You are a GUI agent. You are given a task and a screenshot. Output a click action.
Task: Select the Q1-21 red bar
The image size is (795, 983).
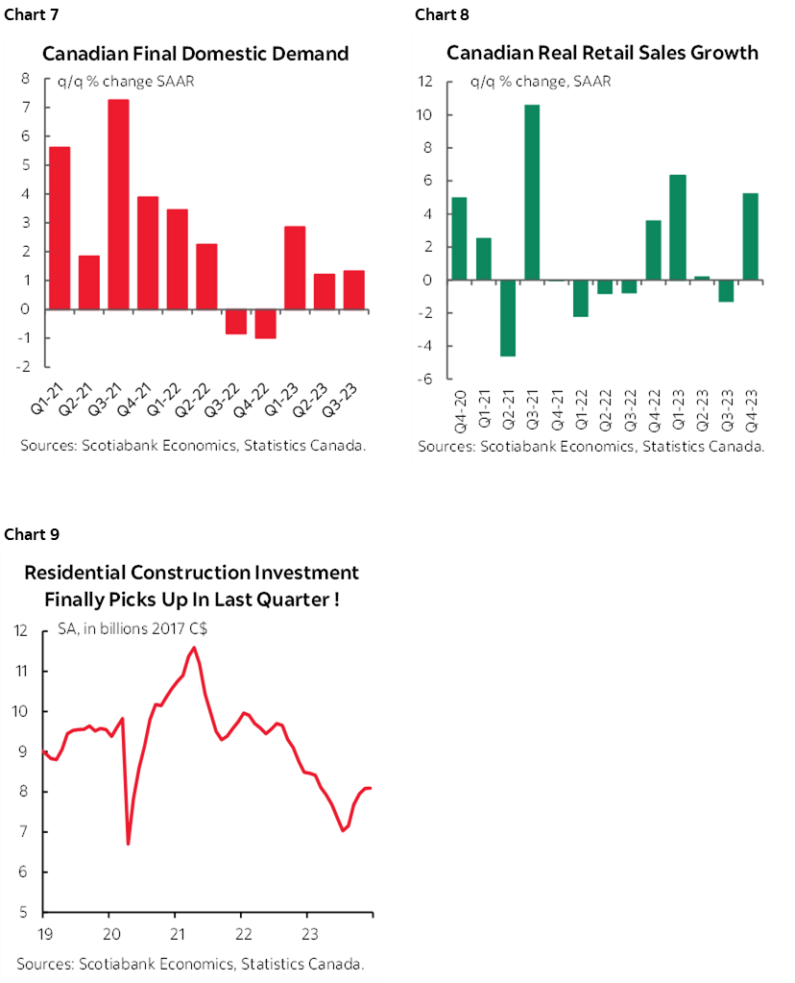tap(60, 228)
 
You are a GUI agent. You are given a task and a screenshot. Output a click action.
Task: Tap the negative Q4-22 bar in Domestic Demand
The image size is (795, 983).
tap(265, 324)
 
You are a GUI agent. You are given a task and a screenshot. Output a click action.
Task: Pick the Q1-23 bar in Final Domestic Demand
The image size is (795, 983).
tap(295, 268)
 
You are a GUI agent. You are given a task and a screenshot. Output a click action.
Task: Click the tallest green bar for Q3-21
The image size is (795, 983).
tap(533, 192)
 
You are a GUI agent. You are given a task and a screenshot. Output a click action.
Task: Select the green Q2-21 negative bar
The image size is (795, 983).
tap(508, 318)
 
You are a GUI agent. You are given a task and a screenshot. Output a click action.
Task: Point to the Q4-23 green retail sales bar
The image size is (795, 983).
tap(750, 236)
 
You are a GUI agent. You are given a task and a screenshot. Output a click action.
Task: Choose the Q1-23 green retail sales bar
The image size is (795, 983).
tap(678, 228)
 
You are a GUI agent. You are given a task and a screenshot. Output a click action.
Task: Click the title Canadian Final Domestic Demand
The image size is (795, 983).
tap(195, 54)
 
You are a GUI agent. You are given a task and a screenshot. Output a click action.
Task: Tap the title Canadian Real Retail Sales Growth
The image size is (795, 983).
tap(602, 53)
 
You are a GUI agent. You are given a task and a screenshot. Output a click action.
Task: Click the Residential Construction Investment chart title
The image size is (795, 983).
tap(192, 585)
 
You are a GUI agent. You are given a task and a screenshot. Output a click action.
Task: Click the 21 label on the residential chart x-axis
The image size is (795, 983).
tap(177, 933)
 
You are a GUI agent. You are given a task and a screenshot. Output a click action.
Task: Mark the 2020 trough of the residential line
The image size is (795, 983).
tap(128, 843)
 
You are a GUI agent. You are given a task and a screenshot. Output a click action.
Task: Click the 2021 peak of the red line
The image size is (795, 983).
tap(195, 648)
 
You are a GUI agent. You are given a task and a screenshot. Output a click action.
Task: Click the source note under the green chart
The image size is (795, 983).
tap(590, 447)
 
